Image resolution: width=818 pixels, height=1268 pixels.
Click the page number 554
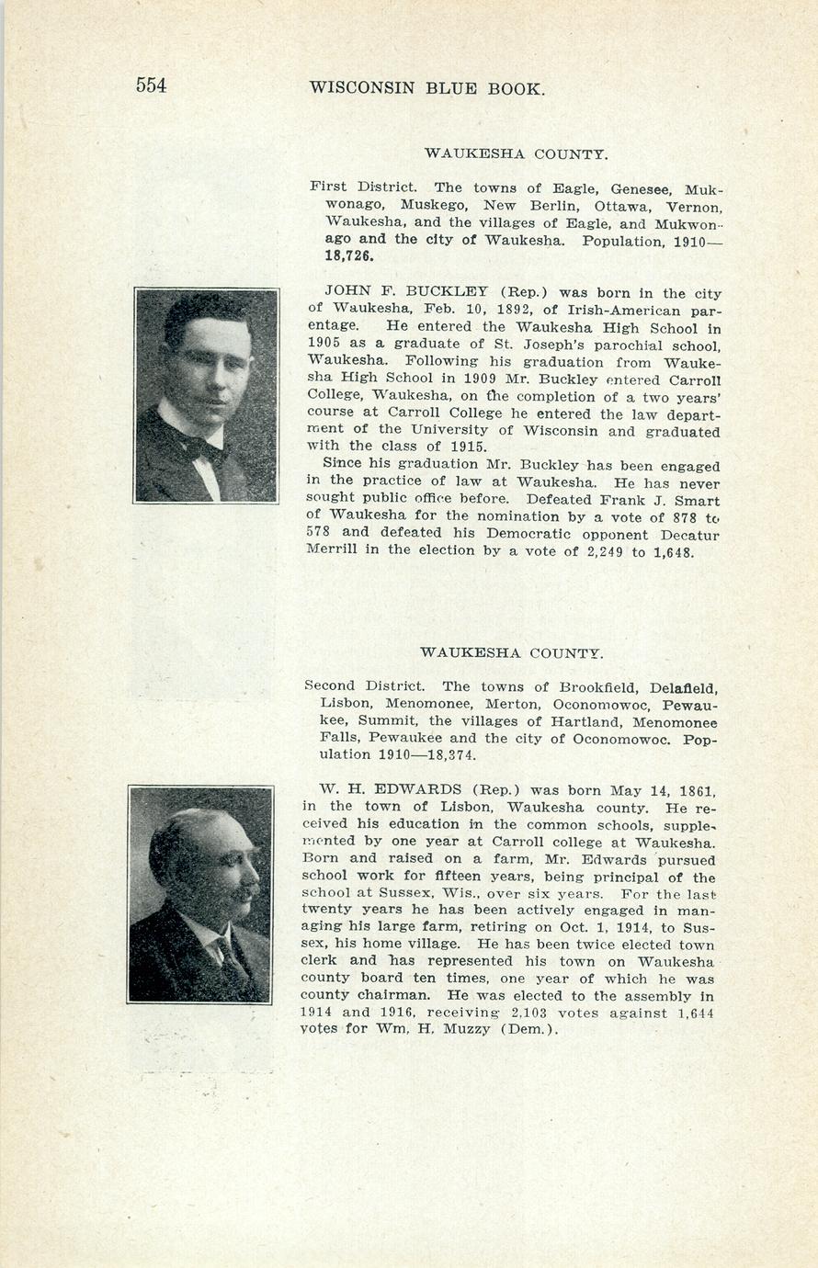[x=151, y=85]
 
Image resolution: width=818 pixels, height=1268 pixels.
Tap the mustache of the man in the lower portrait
[x=244, y=891]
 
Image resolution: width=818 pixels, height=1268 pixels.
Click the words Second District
[x=364, y=686]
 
